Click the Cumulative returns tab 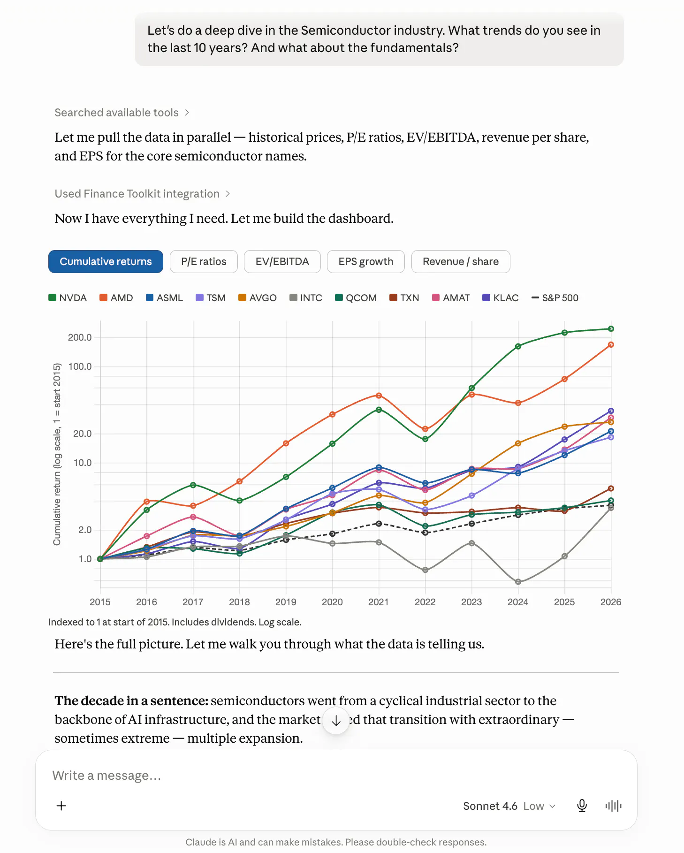pyautogui.click(x=106, y=261)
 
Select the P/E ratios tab pyautogui.click(x=204, y=261)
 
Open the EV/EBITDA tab pyautogui.click(x=282, y=261)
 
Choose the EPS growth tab pyautogui.click(x=366, y=261)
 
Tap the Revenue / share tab pyautogui.click(x=461, y=261)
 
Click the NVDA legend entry pyautogui.click(x=68, y=298)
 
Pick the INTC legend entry pyautogui.click(x=306, y=298)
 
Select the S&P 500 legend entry pyautogui.click(x=555, y=298)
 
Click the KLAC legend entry pyautogui.click(x=501, y=298)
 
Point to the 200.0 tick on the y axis pyautogui.click(x=80, y=337)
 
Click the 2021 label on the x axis pyautogui.click(x=379, y=602)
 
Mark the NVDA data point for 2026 pyautogui.click(x=611, y=329)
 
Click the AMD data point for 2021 pyautogui.click(x=379, y=396)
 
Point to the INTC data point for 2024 pyautogui.click(x=518, y=582)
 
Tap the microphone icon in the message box pyautogui.click(x=582, y=806)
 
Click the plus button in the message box pyautogui.click(x=61, y=806)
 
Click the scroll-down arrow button pyautogui.click(x=336, y=721)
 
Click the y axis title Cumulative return pyautogui.click(x=57, y=454)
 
